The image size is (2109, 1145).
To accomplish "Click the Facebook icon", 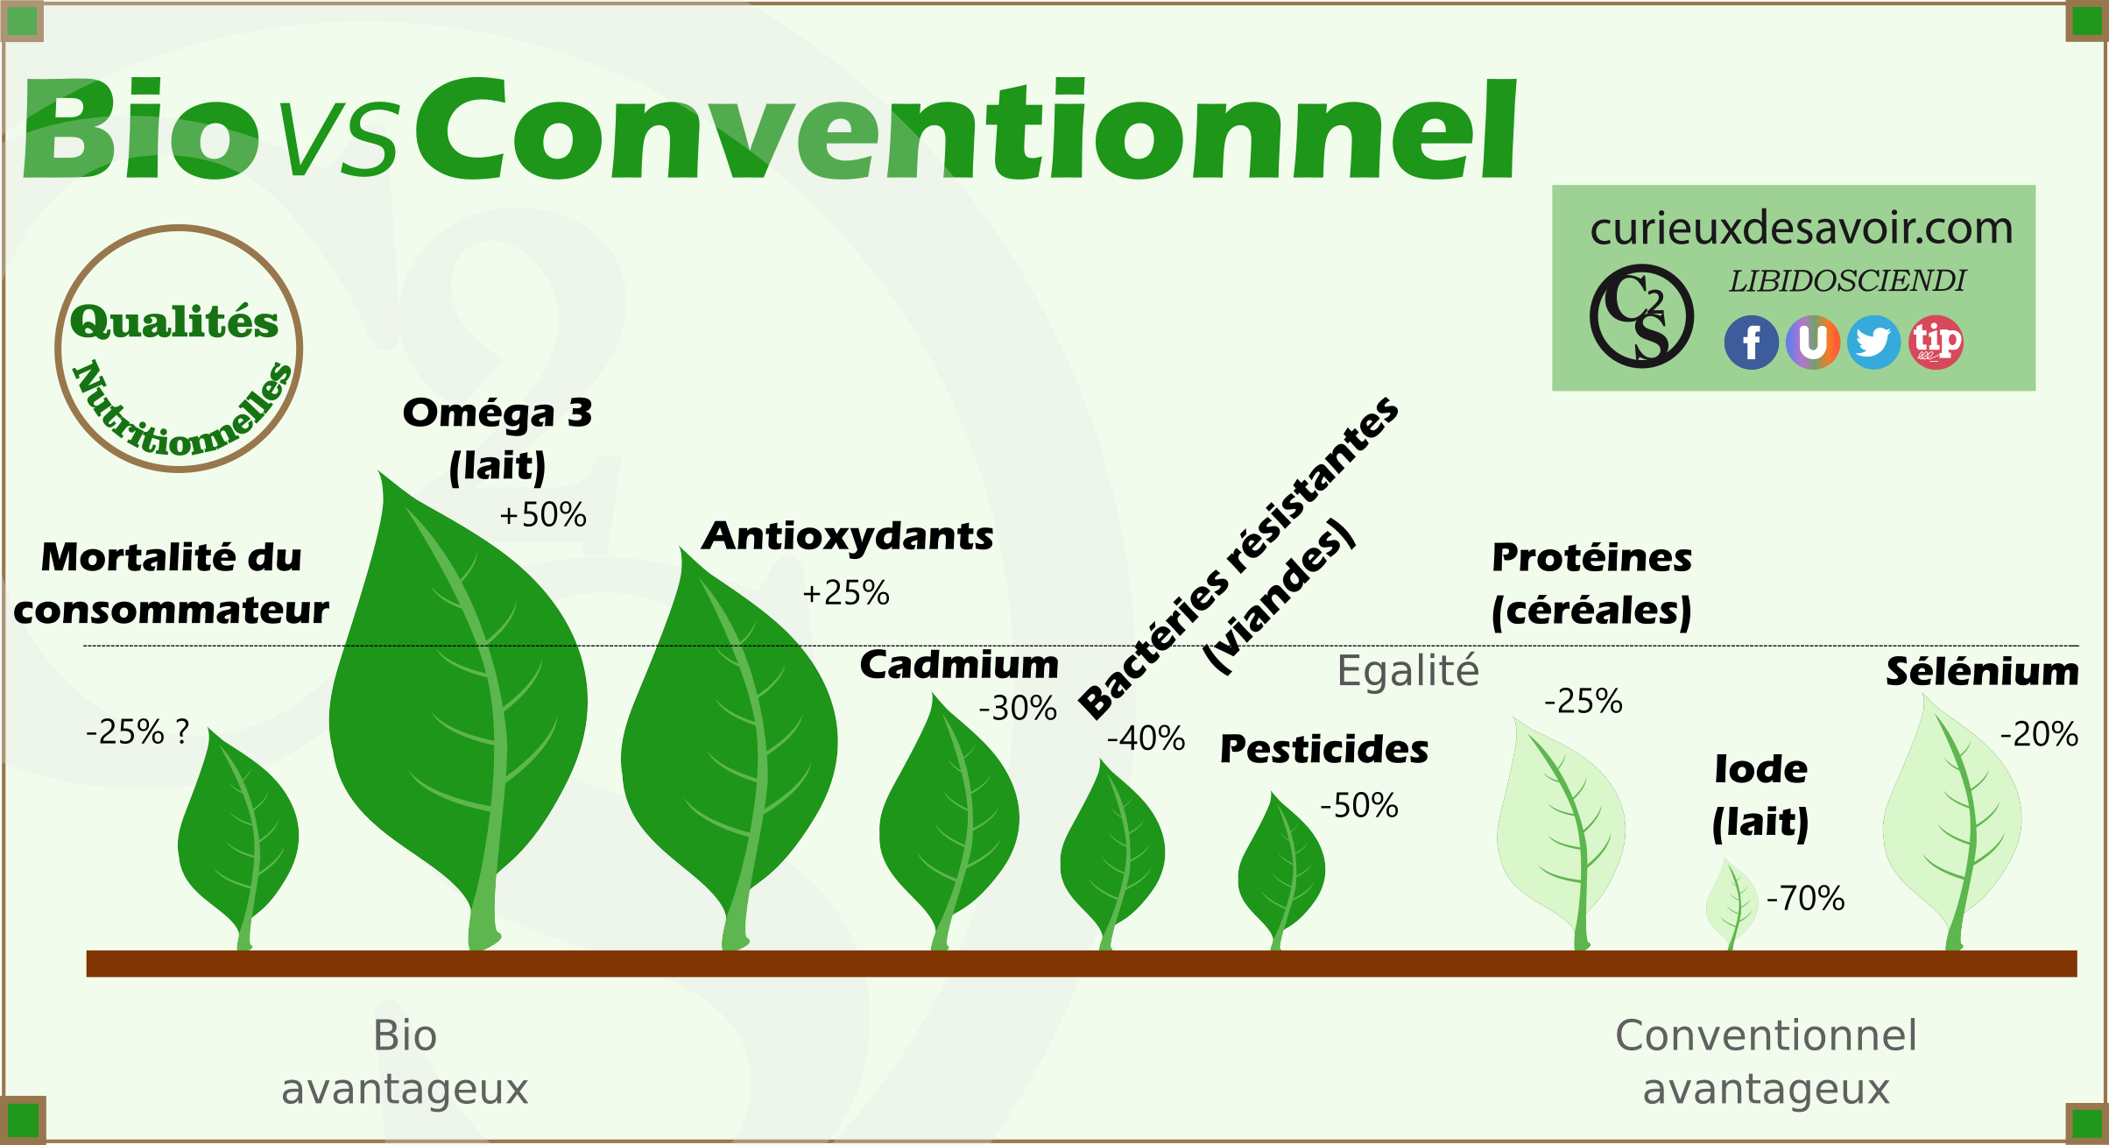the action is tap(1751, 342).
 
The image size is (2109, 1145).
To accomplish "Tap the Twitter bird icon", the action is tap(1873, 342).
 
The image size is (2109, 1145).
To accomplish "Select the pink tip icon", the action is tap(1936, 342).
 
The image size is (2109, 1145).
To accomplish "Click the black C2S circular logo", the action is tap(1641, 315).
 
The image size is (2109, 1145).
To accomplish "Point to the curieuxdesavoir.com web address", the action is tap(1801, 228).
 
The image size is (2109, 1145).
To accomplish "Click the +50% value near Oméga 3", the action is tap(543, 514).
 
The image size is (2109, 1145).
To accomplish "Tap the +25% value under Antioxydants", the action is tap(846, 593).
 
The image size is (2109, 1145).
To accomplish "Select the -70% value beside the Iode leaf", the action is tap(1805, 898).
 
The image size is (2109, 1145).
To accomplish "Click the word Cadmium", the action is tap(959, 665).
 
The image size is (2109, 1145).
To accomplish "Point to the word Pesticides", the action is tap(1324, 749).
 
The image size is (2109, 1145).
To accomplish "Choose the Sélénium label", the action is tap(1982, 672).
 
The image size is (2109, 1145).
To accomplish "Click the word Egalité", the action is tap(1408, 671).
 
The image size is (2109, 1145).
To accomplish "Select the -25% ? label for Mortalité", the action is tap(138, 732).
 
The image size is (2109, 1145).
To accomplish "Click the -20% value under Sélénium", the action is tap(2039, 734).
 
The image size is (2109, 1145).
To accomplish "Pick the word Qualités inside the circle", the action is tap(174, 322).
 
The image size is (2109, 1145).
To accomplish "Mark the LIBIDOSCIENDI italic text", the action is tap(1847, 280).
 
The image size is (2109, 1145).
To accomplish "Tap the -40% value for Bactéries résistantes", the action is tap(1146, 738).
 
